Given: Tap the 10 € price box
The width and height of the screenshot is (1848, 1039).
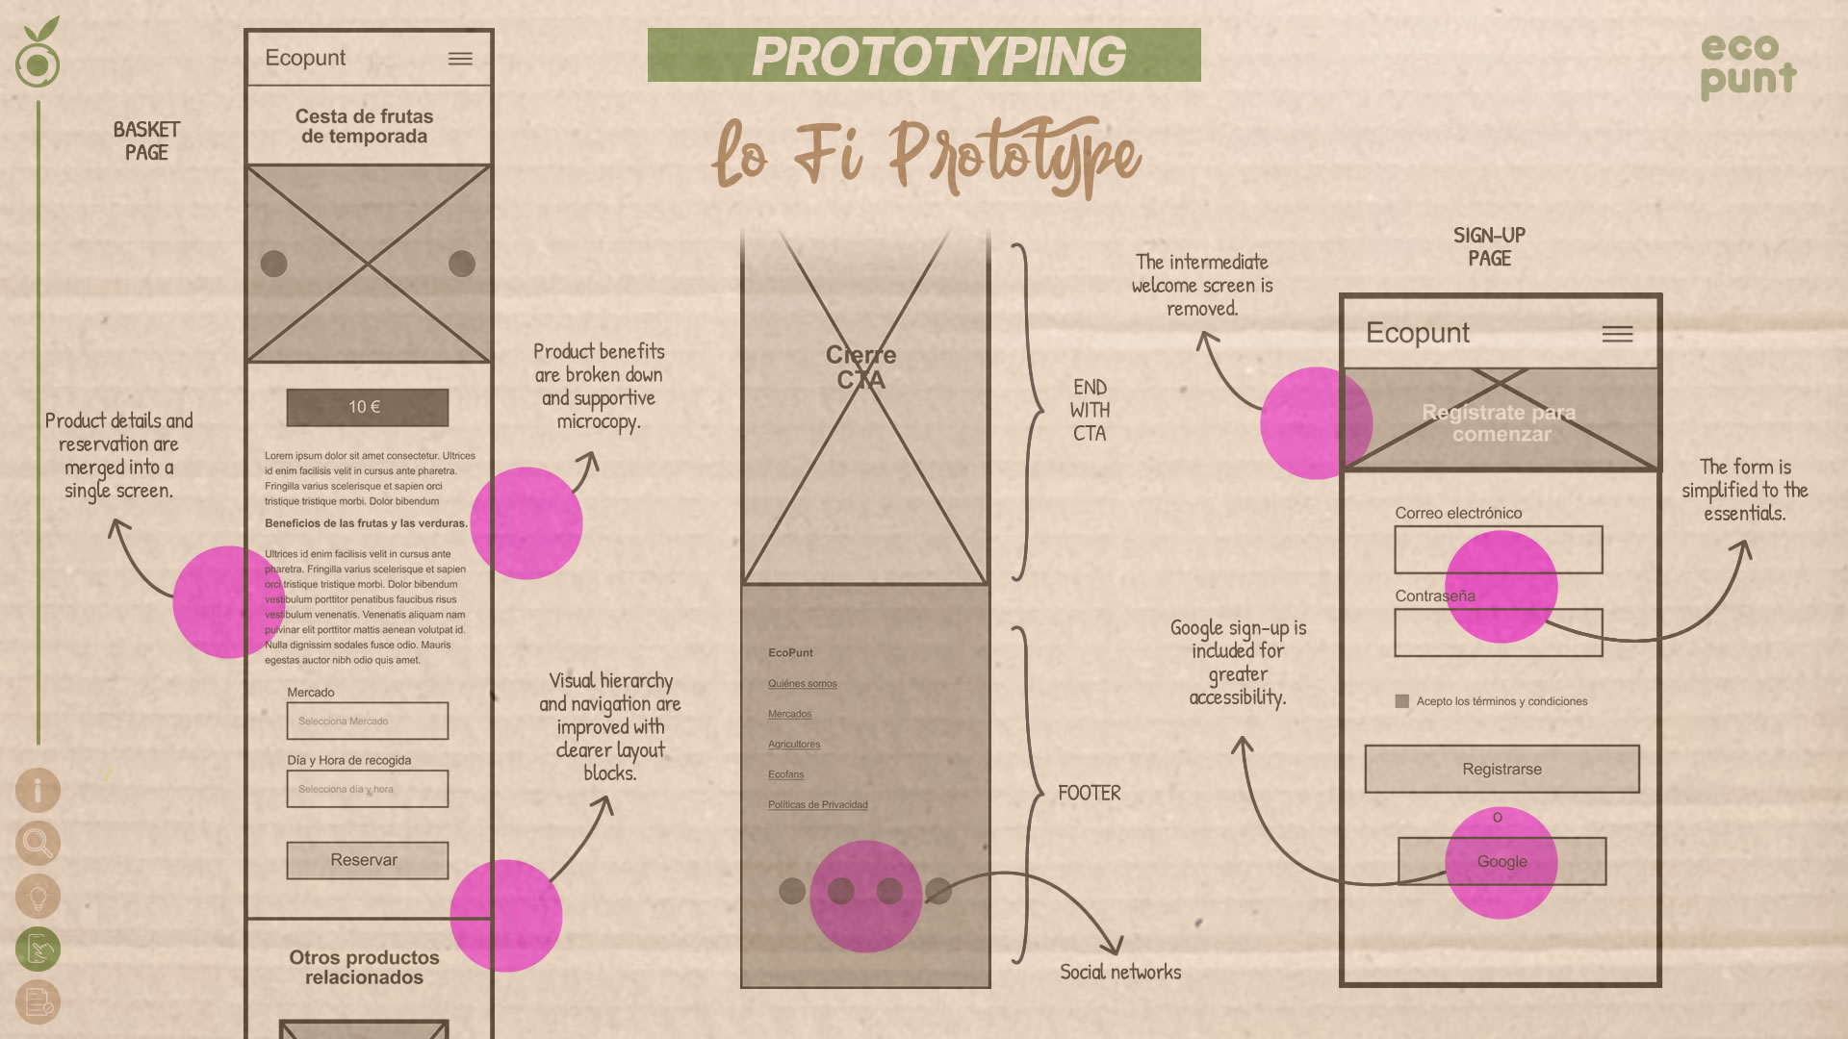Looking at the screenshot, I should coord(367,407).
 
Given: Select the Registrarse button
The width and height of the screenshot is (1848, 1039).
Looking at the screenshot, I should coord(1501,769).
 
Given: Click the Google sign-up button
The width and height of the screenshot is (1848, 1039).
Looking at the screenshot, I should coord(1501,861).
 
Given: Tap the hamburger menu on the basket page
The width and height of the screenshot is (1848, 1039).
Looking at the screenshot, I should coord(460,59).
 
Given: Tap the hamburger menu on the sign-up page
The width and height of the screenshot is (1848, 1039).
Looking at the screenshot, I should coord(1617,334).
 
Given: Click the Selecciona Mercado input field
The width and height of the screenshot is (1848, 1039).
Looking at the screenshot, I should coord(367,721).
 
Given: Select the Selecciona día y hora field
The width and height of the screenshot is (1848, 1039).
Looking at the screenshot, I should coord(367,789).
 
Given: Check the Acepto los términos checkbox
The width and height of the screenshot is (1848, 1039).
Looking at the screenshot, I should coord(1401,701).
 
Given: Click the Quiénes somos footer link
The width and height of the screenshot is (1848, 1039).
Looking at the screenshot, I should coord(802,683).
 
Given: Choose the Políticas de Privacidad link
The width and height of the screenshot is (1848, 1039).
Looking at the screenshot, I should coord(817,804).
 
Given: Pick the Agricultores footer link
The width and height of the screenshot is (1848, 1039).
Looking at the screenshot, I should coord(794,744).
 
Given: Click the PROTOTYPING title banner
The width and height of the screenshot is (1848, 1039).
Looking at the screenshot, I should coord(924,55).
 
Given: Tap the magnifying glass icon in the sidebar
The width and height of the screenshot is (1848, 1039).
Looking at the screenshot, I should coord(38,844).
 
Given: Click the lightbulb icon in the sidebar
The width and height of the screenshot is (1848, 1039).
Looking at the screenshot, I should coord(38,897).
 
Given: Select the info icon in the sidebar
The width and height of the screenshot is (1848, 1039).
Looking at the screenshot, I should coord(38,791).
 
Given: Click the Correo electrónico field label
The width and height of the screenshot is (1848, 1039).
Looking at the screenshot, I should coord(1458,513).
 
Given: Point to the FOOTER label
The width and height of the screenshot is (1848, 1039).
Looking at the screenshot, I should coord(1090,793).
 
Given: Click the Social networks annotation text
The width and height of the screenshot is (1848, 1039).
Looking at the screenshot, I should coord(1120,972).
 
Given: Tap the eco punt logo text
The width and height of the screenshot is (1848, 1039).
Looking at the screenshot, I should coord(1747,65).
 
